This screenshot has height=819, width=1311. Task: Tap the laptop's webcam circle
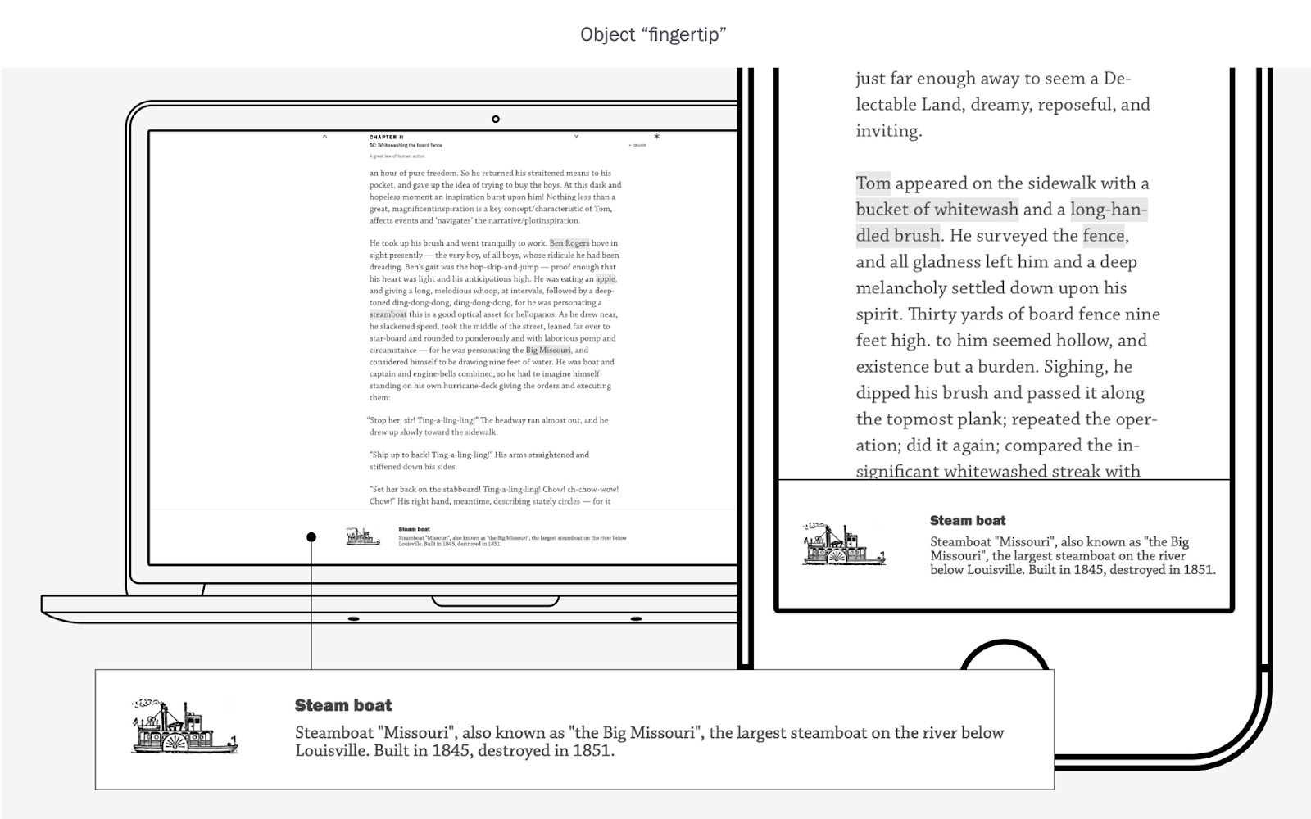496,120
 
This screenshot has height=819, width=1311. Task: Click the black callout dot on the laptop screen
311,537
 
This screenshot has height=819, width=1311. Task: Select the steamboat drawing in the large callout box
184,726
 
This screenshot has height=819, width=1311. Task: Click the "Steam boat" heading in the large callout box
343,705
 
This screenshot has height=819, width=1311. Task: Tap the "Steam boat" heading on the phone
968,520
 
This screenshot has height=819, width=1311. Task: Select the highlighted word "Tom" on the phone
873,183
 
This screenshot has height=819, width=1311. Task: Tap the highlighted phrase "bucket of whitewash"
937,210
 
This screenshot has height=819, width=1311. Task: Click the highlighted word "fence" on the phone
1104,236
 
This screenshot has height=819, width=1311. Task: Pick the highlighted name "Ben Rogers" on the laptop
569,243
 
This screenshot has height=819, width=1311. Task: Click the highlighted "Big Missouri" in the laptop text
548,351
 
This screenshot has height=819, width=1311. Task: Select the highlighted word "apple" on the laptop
605,279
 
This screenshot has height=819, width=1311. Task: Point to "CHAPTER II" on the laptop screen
386,138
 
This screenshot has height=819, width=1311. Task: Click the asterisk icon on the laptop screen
656,137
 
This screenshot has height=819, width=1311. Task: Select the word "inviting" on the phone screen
888,131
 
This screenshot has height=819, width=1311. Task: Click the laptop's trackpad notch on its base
497,602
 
